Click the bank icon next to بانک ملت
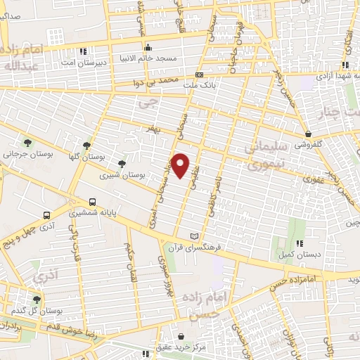point(200,75)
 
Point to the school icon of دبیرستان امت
point(84,51)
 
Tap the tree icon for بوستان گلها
point(86,144)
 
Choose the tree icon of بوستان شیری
point(122,164)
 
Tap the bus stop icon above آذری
point(46,216)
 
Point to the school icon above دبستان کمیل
point(300,243)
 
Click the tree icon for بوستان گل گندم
point(37,300)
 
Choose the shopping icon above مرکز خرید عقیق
point(181,337)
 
